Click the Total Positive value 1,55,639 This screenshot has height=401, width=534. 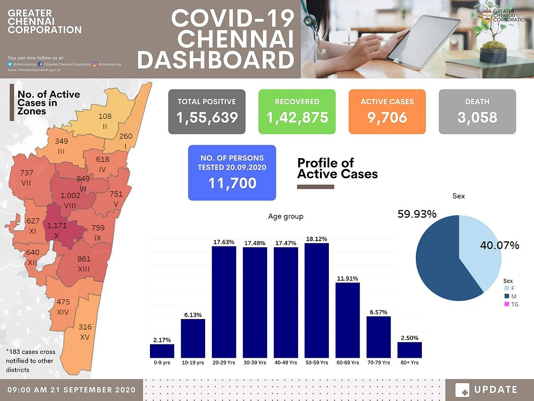coord(207,117)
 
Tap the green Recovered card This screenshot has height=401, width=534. coord(297,111)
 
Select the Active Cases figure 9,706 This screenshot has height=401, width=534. coord(387,117)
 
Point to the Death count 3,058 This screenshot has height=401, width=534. coord(477,117)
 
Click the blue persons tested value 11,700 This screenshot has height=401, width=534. coord(232,183)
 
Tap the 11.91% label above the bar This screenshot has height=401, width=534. coord(347,278)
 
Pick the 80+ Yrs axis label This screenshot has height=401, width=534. coord(409,363)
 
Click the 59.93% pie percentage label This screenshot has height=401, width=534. coord(417,214)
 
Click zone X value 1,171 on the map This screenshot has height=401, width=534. coord(57,225)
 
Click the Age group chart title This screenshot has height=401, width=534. coord(286,217)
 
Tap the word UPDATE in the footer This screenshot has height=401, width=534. coord(496,389)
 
